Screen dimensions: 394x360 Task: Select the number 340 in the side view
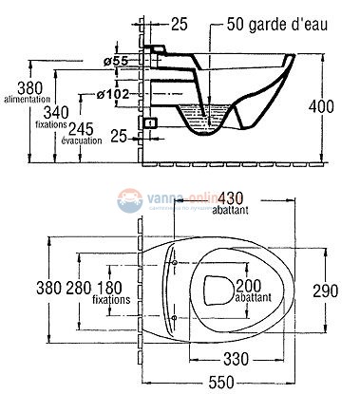coord(57,112)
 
